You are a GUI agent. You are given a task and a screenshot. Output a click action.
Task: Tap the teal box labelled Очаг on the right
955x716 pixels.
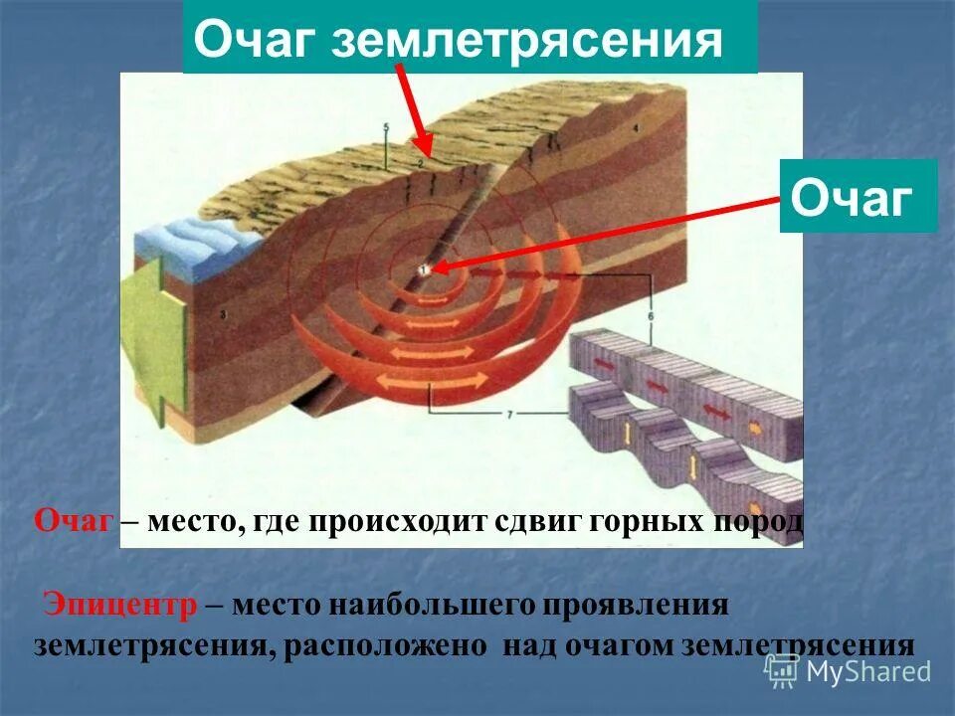858,196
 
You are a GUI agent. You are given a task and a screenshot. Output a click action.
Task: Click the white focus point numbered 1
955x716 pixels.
423,268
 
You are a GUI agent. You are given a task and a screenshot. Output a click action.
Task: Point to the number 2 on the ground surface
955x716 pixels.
421,162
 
